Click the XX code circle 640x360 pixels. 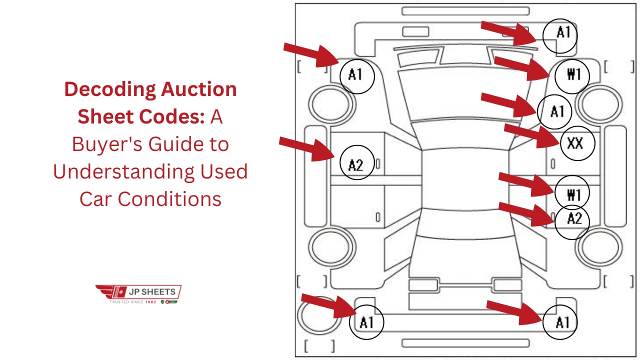pyautogui.click(x=575, y=143)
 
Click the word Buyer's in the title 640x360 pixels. pyautogui.click(x=103, y=144)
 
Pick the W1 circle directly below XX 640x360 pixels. pyautogui.click(x=572, y=193)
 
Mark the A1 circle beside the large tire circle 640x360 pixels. pyautogui.click(x=366, y=322)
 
